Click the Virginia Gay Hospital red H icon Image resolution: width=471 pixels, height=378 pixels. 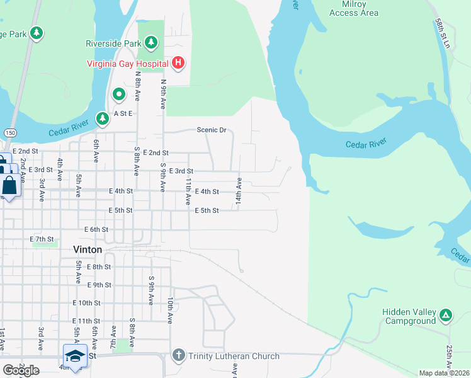click(178, 62)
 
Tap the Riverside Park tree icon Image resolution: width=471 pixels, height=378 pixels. click(150, 43)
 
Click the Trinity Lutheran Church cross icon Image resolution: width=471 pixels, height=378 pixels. click(179, 356)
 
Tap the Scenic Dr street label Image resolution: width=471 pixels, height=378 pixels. click(211, 130)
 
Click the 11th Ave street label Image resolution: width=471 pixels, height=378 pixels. click(188, 192)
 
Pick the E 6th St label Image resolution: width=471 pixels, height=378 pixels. click(96, 229)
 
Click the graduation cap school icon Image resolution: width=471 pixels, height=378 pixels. click(74, 355)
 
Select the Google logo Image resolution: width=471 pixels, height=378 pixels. click(20, 370)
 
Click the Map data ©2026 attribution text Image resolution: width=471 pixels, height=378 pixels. click(444, 373)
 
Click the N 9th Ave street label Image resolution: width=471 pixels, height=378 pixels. click(163, 94)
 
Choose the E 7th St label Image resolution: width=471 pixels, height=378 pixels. click(42, 239)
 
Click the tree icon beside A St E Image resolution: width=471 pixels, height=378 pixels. click(103, 118)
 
